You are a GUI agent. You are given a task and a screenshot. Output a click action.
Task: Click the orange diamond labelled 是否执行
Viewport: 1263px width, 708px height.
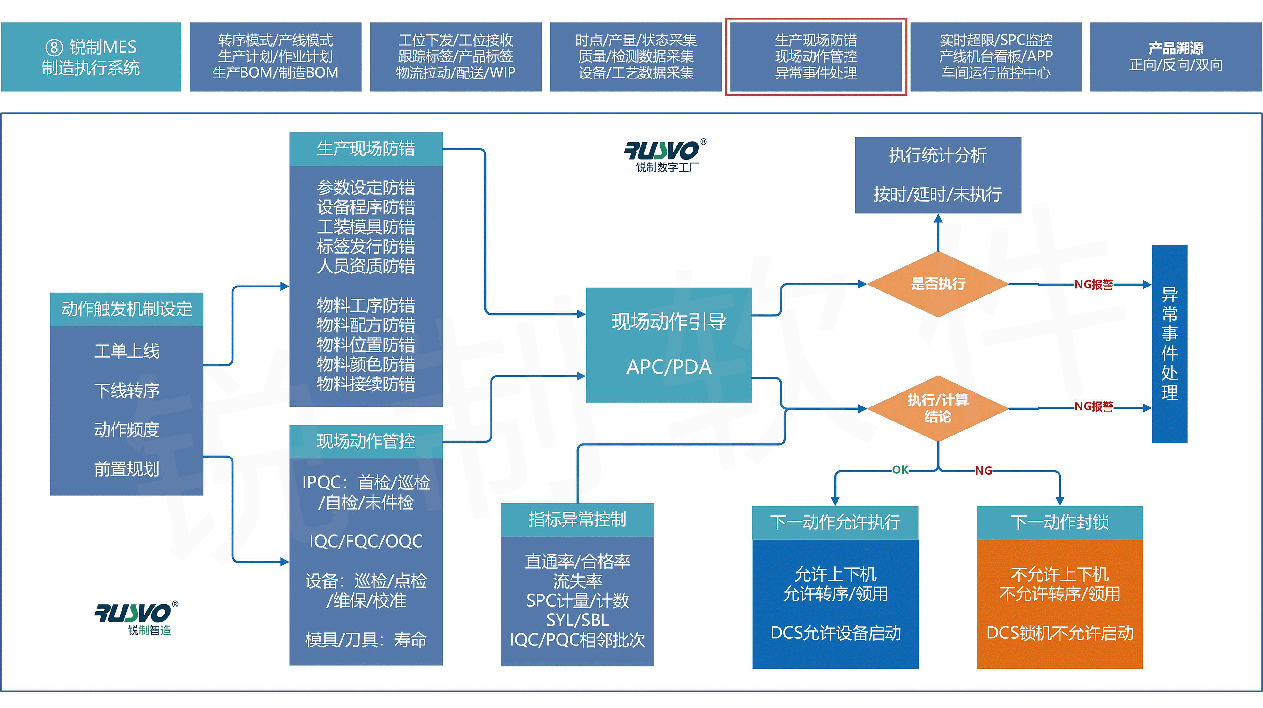937,284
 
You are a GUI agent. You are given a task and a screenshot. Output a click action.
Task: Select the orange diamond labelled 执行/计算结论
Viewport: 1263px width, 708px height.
937,408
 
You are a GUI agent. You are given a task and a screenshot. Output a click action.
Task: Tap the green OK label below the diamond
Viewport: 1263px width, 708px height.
900,470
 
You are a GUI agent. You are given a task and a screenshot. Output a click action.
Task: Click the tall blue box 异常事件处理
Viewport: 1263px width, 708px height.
1169,343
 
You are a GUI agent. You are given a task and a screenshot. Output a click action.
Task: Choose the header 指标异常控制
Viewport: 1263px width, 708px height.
577,519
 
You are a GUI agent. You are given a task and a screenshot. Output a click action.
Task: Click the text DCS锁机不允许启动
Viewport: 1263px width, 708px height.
1060,633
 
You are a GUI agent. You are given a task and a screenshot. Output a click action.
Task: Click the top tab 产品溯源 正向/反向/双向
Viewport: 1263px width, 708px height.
1176,56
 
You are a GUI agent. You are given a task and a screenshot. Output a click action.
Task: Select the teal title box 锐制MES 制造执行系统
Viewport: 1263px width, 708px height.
91,57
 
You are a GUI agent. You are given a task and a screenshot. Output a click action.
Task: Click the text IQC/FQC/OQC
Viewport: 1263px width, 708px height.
366,541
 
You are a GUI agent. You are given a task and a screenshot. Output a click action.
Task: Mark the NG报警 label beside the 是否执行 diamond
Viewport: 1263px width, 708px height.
1093,285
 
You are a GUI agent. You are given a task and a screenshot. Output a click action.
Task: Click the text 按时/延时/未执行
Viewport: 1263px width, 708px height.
937,195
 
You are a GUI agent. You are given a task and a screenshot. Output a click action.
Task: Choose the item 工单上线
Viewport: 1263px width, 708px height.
127,351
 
